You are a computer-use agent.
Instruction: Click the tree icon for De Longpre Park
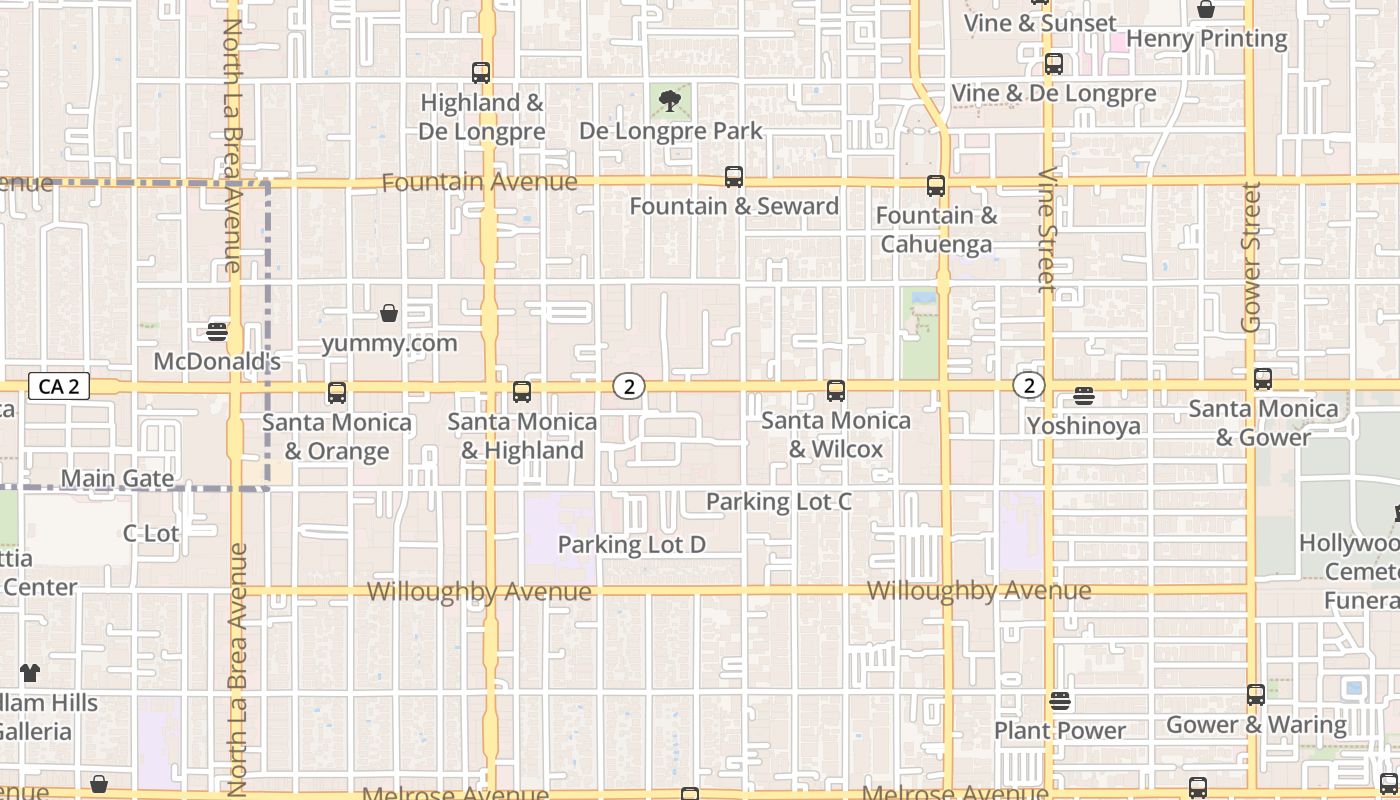(x=670, y=100)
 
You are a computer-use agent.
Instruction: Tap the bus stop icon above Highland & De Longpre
(x=481, y=73)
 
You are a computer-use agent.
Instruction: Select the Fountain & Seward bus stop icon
(x=734, y=178)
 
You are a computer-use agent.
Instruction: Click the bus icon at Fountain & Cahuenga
(x=935, y=186)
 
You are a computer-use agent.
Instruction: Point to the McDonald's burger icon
(x=217, y=331)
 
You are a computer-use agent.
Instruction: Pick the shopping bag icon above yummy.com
(x=389, y=314)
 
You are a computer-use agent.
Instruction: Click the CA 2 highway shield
(x=59, y=386)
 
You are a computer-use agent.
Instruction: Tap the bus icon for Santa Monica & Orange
(x=337, y=393)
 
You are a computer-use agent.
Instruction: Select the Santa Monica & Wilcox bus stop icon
(x=836, y=391)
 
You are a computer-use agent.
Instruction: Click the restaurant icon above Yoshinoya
(x=1084, y=396)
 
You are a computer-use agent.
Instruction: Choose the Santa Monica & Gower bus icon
(x=1263, y=379)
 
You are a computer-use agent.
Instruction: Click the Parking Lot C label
(x=779, y=501)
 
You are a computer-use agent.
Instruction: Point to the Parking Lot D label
(x=631, y=544)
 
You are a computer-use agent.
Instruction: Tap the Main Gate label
(x=117, y=478)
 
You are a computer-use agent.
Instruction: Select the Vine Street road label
(x=1047, y=229)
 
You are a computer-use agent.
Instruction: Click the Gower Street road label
(x=1250, y=257)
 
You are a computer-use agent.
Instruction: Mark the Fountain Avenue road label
(x=479, y=182)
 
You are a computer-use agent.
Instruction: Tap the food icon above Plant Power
(x=1060, y=701)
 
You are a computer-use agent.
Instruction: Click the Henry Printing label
(x=1206, y=38)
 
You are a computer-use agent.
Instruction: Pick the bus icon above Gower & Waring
(x=1256, y=695)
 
